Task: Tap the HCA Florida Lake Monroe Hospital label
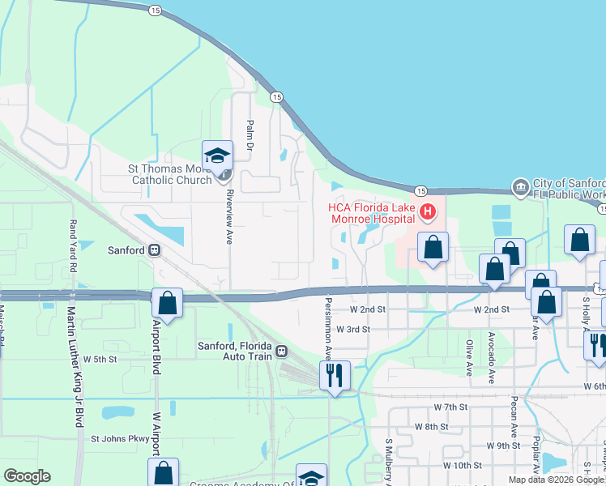(372, 213)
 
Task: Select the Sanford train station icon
(152, 250)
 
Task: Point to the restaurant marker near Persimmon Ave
(335, 375)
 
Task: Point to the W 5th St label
(100, 358)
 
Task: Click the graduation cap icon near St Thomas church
(216, 156)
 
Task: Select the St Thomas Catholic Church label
(170, 174)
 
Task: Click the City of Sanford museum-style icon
(519, 188)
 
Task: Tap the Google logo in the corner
(27, 476)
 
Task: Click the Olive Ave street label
(469, 358)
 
